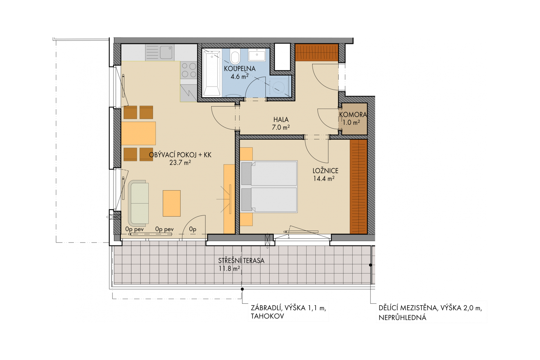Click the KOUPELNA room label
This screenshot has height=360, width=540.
(x=240, y=69)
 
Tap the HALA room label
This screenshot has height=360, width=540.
(x=281, y=120)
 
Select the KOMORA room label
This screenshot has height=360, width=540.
(x=353, y=115)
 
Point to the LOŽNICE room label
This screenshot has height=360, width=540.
(x=326, y=171)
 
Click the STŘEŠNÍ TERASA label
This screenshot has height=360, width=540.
(x=241, y=261)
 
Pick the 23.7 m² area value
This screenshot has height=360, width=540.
(x=180, y=162)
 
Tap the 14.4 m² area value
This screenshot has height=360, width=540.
(x=323, y=179)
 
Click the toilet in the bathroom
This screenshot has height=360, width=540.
(x=235, y=56)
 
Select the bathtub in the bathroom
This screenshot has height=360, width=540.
(x=211, y=73)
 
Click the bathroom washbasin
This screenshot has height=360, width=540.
(x=257, y=55)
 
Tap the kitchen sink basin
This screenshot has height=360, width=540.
(x=166, y=52)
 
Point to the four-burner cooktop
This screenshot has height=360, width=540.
(x=188, y=70)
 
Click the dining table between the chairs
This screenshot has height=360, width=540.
(x=139, y=133)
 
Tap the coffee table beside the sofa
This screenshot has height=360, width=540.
(x=172, y=203)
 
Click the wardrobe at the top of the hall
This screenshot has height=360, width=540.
(x=317, y=52)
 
